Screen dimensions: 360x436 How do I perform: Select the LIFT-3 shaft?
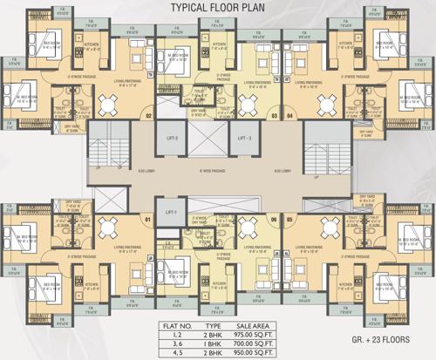click(244, 138)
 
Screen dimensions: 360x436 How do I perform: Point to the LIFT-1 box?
click(170, 212)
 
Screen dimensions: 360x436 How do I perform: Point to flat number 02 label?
click(148, 115)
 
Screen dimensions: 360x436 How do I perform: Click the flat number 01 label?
click(148, 219)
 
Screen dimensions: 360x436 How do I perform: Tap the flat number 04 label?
click(290, 115)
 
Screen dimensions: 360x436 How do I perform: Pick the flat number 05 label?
click(290, 219)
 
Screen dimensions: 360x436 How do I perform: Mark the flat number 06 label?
click(273, 219)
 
